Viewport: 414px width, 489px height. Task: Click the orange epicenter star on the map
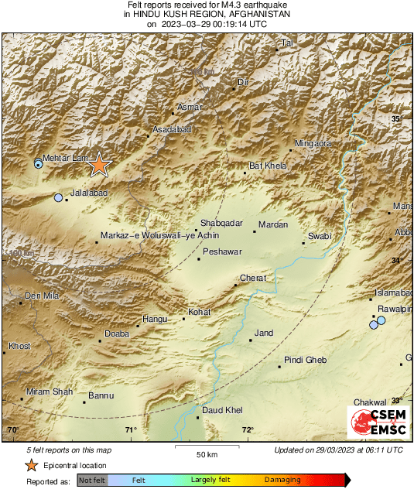[99, 165]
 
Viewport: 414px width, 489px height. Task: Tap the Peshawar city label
[222, 252]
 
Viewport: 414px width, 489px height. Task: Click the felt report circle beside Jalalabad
[58, 198]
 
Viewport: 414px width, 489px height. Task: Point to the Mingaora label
[314, 144]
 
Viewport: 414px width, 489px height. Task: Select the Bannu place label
[101, 395]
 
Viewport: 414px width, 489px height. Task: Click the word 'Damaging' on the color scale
[282, 480]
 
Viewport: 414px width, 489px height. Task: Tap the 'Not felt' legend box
[91, 480]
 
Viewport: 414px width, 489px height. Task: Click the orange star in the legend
[30, 465]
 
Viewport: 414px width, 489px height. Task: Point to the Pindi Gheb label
[305, 361]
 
